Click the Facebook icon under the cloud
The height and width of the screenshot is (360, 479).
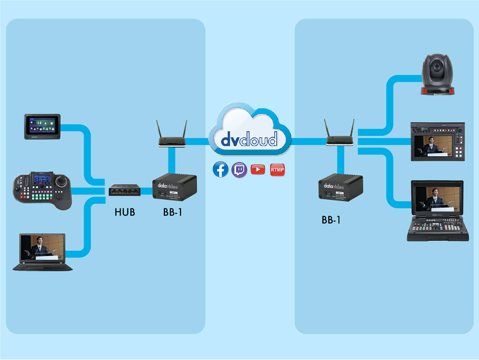tap(220, 169)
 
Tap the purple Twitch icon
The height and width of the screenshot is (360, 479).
tap(239, 169)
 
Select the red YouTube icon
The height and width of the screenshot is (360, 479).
tap(258, 169)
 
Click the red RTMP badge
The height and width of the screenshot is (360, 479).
tap(277, 169)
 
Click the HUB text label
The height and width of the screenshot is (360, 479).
tap(125, 212)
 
